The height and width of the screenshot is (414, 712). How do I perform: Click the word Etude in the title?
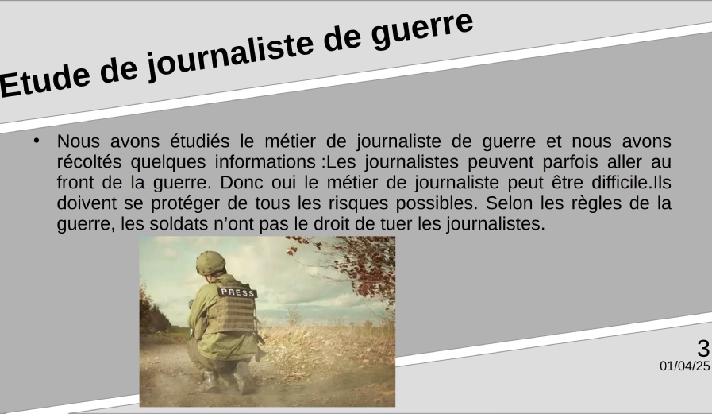click(44, 79)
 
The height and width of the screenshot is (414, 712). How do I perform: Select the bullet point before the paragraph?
click(37, 141)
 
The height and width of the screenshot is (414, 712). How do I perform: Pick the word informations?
click(265, 162)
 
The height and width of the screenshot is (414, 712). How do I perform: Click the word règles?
click(596, 203)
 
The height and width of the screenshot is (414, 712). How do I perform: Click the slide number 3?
click(703, 349)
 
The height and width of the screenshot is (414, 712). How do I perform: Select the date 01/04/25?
click(684, 366)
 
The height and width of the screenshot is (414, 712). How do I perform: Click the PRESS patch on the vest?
click(237, 292)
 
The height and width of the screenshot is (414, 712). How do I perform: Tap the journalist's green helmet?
click(210, 263)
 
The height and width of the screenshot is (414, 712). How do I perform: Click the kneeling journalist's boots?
click(227, 380)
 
